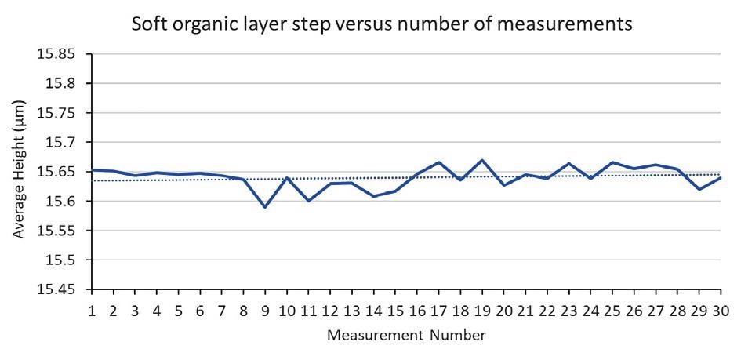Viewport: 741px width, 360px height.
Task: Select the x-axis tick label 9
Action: [265, 310]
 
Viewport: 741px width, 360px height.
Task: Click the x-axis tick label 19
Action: [481, 310]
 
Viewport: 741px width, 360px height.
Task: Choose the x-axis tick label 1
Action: [93, 310]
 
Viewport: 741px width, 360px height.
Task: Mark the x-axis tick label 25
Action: [611, 310]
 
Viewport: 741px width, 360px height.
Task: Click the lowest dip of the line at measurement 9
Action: [265, 207]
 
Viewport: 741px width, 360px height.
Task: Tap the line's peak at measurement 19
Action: [481, 160]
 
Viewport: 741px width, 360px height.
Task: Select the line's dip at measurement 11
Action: [309, 201]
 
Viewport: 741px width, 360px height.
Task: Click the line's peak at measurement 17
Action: [438, 162]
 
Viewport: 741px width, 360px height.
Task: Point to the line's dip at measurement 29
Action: [698, 189]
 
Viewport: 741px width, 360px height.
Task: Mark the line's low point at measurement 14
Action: [373, 196]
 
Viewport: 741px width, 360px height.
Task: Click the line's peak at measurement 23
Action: [568, 163]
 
